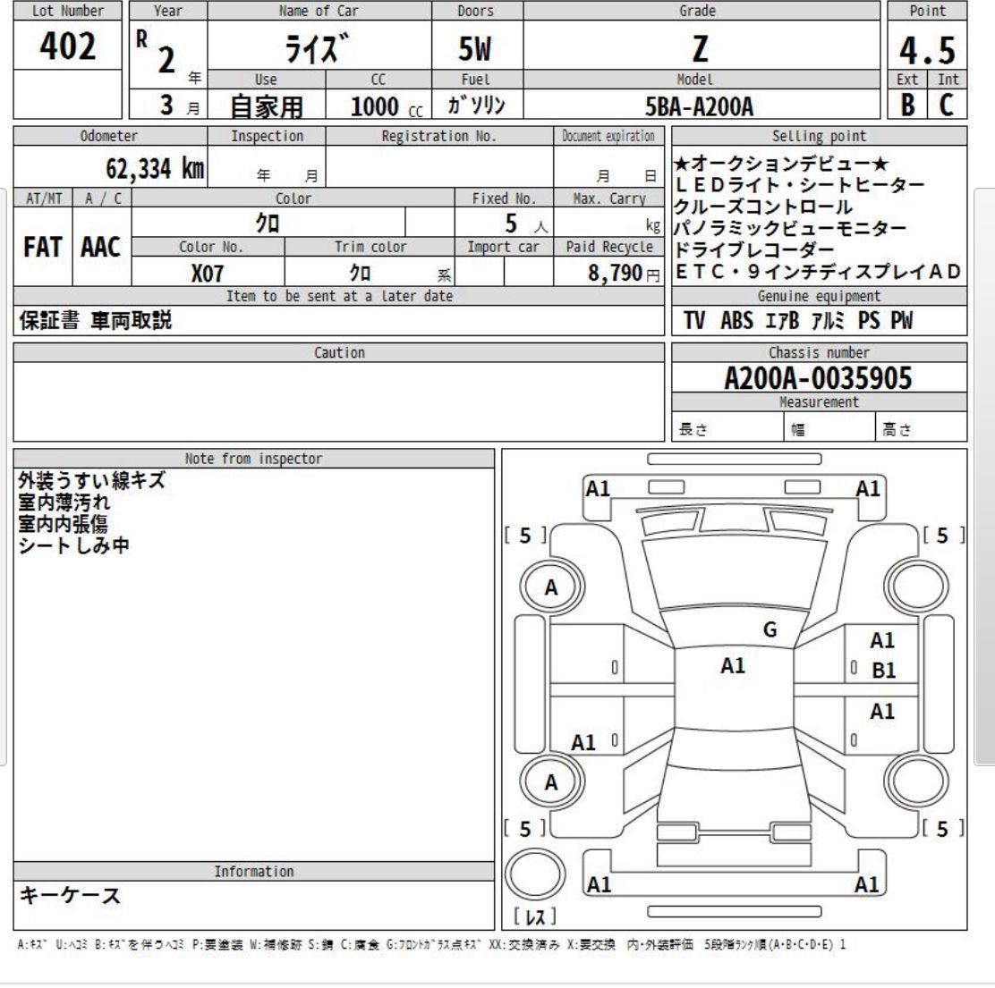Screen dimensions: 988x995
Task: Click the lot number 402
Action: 68,46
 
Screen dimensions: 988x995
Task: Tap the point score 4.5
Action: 927,50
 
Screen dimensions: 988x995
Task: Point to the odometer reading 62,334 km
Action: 155,167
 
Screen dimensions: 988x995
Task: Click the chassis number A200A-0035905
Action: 818,379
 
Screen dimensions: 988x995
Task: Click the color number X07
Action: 207,274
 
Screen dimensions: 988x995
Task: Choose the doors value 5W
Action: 475,48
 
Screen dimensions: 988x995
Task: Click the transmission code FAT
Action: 43,248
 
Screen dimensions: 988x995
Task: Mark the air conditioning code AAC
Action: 101,248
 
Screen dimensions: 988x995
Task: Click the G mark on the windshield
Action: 770,629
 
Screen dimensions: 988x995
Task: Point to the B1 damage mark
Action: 884,671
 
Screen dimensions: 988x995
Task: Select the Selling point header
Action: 819,136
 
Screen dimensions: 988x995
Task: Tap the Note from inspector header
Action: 253,459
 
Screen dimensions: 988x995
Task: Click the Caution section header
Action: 339,353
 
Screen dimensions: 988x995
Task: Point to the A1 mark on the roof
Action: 733,665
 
